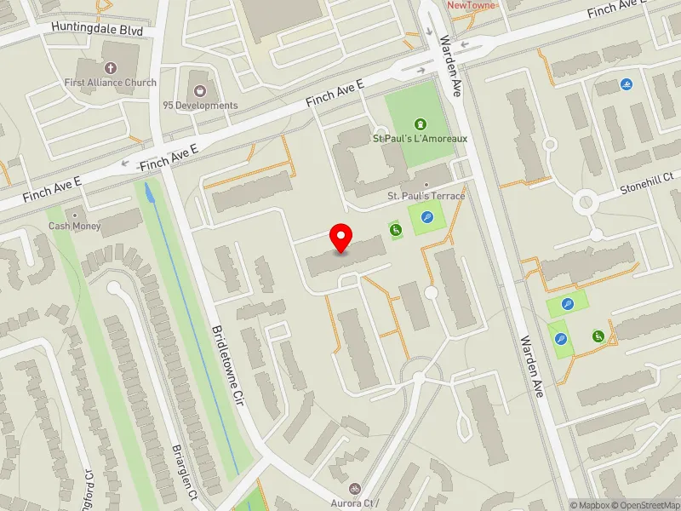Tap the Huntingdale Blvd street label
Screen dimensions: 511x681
coord(96,27)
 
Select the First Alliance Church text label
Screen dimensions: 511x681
coord(111,83)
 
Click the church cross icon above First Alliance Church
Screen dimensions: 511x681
coord(110,67)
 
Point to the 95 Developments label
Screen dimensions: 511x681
coord(200,106)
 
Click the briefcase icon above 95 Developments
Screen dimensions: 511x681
coord(200,90)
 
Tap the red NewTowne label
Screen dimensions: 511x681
coord(471,5)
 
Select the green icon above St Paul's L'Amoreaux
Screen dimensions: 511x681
coord(419,123)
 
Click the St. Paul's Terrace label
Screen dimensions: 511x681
coord(426,196)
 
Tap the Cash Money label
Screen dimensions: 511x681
coord(74,227)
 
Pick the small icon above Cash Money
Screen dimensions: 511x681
coord(75,214)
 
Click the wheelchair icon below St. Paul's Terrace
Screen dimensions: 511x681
coord(395,229)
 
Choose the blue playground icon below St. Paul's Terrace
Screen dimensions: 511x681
coord(426,218)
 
